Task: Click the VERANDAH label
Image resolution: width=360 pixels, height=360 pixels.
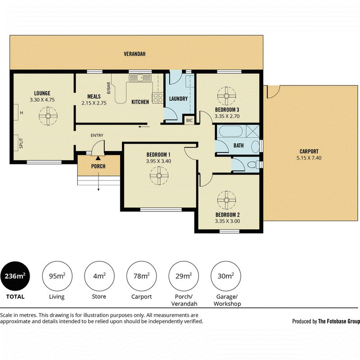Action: (135, 54)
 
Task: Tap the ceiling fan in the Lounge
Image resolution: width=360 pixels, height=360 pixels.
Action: (48, 116)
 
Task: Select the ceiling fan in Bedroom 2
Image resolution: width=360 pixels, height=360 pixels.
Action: (226, 200)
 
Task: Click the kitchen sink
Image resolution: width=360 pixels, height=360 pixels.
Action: (140, 78)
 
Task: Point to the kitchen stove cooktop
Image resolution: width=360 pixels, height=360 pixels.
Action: (158, 97)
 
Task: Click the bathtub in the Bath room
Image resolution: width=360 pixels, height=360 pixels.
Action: (230, 131)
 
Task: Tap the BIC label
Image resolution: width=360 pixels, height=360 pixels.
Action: (189, 121)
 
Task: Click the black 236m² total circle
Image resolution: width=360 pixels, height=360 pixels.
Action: (15, 276)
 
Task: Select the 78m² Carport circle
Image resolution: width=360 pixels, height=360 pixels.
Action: (141, 276)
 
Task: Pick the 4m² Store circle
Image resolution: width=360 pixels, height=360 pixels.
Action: (99, 276)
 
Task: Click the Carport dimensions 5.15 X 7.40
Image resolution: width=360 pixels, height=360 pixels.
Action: (309, 158)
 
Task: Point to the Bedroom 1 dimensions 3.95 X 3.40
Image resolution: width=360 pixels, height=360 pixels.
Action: (158, 161)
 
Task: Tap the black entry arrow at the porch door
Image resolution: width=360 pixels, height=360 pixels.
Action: (98, 158)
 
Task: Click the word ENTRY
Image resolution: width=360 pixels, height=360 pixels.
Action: (97, 135)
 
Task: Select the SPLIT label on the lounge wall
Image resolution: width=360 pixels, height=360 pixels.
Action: (21, 143)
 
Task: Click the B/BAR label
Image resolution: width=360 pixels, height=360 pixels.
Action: (108, 88)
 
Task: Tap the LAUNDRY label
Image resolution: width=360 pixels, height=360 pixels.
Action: (178, 99)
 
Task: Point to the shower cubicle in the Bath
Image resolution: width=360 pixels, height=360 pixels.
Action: (252, 131)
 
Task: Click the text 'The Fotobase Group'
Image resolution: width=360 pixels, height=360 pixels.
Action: (339, 321)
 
